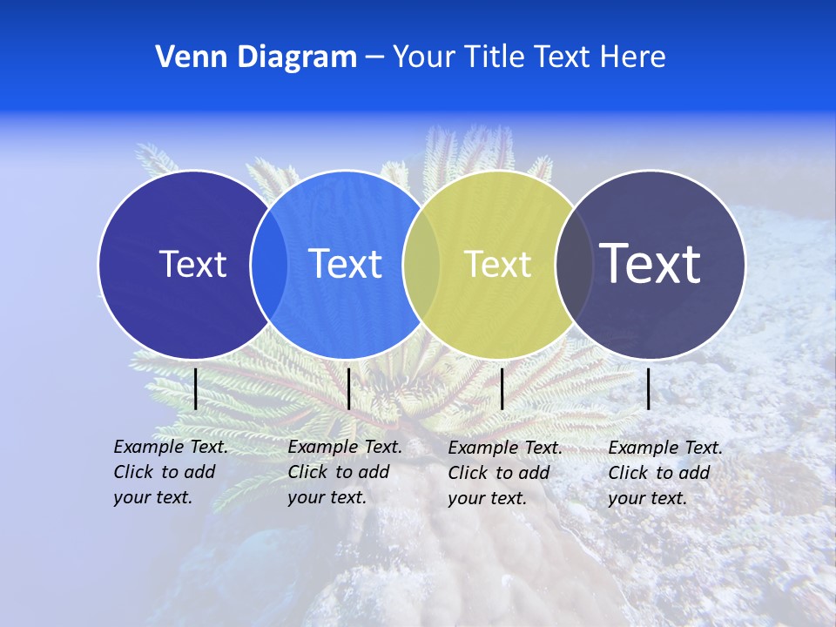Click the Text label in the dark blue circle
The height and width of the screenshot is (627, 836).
pyautogui.click(x=192, y=264)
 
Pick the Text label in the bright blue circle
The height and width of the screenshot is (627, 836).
pyautogui.click(x=345, y=264)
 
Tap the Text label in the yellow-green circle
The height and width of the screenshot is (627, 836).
pyautogui.click(x=498, y=264)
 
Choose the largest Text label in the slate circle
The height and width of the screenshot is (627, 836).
pyautogui.click(x=651, y=263)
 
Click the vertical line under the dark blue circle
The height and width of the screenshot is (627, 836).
pyautogui.click(x=195, y=388)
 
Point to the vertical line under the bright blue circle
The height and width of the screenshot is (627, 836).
pyautogui.click(x=348, y=388)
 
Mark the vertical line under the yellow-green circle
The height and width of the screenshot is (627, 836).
pyautogui.click(x=502, y=388)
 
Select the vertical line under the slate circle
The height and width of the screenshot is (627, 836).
pyautogui.click(x=649, y=388)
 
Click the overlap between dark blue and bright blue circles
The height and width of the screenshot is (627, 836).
pyautogui.click(x=269, y=265)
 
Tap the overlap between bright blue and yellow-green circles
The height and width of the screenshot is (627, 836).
pyautogui.click(x=421, y=265)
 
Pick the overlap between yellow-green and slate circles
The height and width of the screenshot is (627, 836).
pyautogui.click(x=574, y=265)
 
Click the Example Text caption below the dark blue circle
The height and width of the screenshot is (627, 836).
pyautogui.click(x=171, y=472)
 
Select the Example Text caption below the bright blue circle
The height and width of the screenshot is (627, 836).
pyautogui.click(x=345, y=472)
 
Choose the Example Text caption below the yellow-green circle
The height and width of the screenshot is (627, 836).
pyautogui.click(x=505, y=473)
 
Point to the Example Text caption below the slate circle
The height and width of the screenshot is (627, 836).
pyautogui.click(x=665, y=473)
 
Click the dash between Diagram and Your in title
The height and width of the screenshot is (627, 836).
pyautogui.click(x=374, y=57)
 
